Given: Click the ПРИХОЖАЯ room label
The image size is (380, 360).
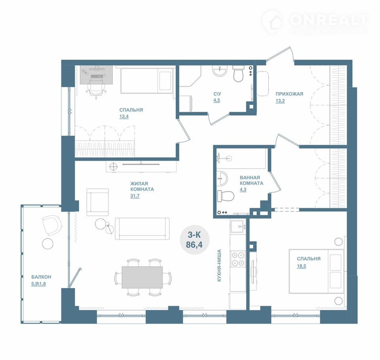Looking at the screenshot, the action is click(289, 94).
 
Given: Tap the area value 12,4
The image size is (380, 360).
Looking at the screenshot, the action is click(124, 117).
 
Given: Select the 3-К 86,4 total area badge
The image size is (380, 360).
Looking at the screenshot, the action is click(194, 240).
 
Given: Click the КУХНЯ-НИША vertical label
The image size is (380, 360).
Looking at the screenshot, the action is click(219, 265).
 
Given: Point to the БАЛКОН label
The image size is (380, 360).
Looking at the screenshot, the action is click(41, 277).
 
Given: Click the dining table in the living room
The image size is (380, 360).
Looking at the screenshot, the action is click(142, 277).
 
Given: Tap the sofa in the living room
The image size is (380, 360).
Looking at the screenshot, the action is click(142, 229).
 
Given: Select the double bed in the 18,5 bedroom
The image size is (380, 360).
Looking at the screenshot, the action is click(317, 271).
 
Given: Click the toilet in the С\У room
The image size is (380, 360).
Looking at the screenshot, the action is click(238, 74).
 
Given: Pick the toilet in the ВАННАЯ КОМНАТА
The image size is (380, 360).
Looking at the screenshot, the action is click(226, 196).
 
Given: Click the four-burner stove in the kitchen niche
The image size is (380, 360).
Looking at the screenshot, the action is click(238, 259).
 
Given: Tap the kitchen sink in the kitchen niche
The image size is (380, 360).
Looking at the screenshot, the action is click(238, 227).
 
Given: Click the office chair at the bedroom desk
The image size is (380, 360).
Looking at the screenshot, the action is click(97, 89).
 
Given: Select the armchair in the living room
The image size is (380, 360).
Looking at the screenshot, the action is click(97, 202).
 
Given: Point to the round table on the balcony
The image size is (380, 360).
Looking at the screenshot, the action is click(47, 243).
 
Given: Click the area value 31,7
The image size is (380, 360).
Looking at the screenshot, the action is click(135, 196).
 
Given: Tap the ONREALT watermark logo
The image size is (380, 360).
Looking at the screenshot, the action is click(315, 22).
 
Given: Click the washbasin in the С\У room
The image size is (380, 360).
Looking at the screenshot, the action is click(220, 71).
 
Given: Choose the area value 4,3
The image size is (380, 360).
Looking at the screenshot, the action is click(243, 189).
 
